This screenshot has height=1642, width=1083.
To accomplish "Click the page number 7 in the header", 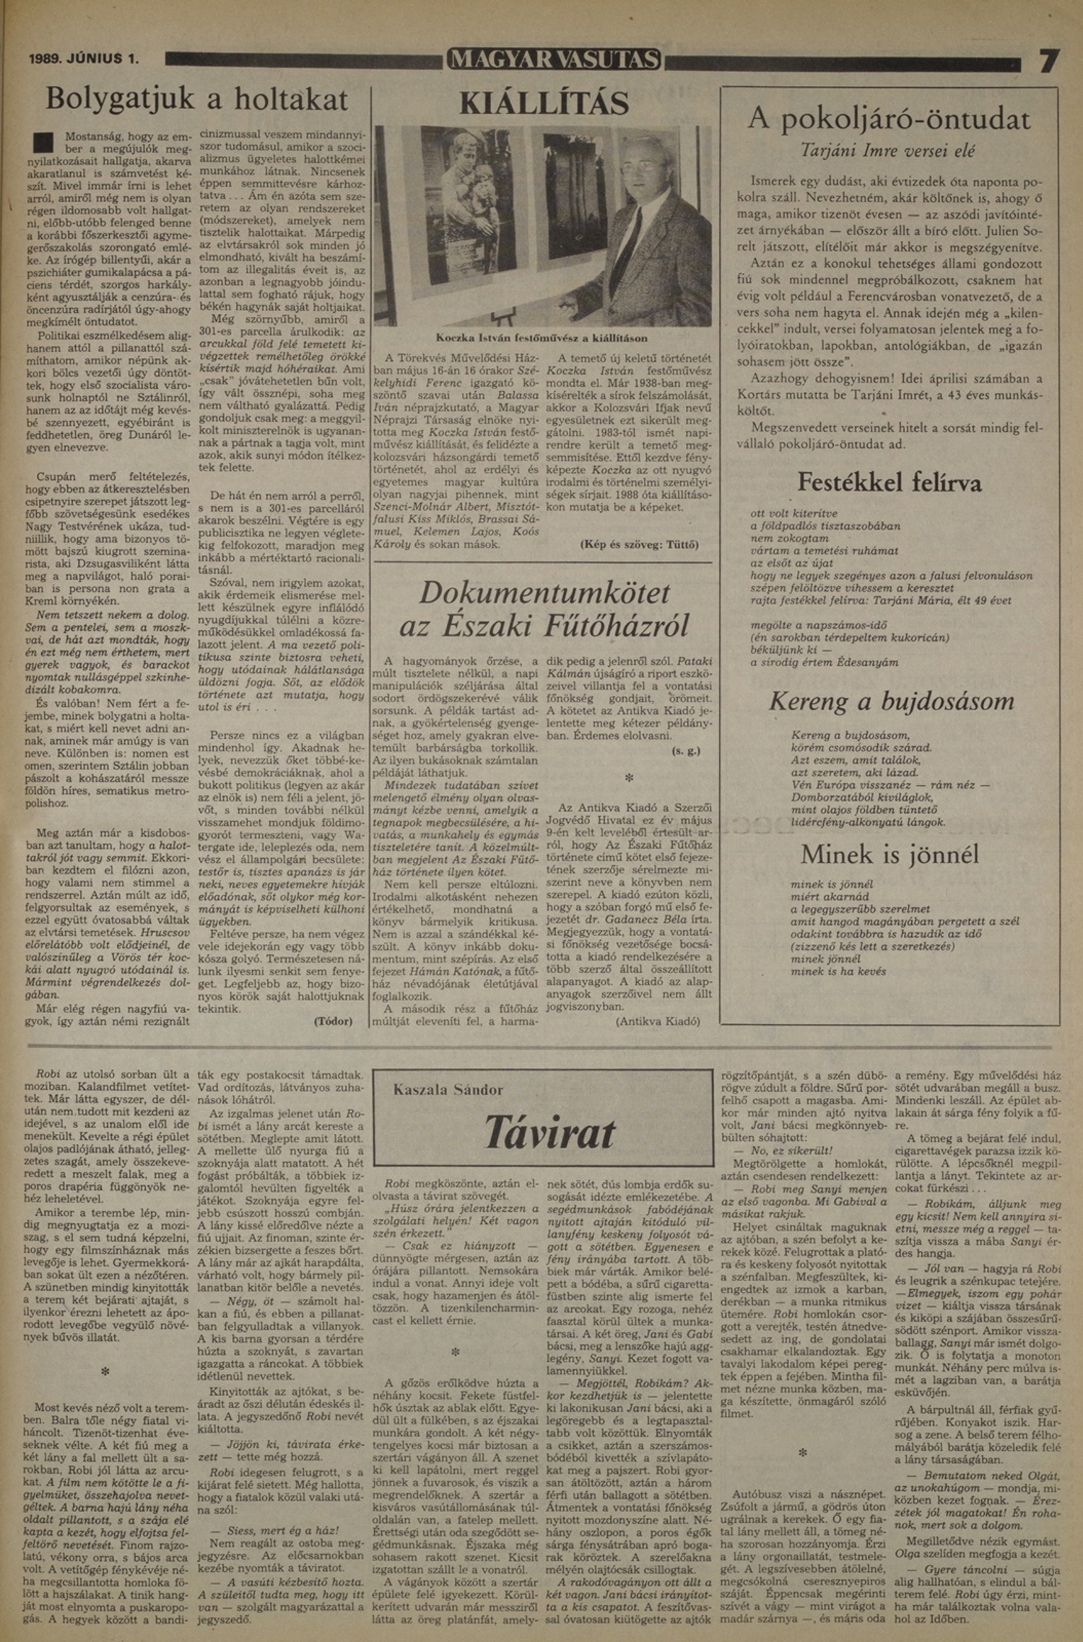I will [x=1048, y=61].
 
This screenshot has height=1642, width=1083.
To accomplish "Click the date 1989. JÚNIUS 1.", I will [x=84, y=59].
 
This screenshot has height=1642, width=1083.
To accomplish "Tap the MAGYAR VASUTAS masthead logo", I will [x=554, y=59].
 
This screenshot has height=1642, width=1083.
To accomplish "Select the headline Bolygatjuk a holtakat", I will [x=196, y=98].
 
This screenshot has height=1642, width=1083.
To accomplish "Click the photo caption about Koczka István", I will [x=541, y=338].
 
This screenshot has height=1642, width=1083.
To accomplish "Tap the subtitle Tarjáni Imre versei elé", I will [x=888, y=152].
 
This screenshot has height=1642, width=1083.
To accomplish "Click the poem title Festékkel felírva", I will [x=889, y=481].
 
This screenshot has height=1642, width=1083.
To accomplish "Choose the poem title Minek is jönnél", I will [x=890, y=855].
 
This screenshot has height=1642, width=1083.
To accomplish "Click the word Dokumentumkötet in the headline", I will [x=544, y=593].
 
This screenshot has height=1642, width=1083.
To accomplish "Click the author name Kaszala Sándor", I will [x=448, y=1090].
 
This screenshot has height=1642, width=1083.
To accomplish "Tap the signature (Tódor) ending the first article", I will [x=333, y=1021].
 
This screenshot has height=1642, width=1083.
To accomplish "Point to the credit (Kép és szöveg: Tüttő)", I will [x=639, y=545].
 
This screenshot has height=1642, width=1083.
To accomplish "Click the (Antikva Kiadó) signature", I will [x=658, y=1021].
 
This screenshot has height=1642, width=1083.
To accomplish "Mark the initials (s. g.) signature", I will [x=685, y=751].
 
